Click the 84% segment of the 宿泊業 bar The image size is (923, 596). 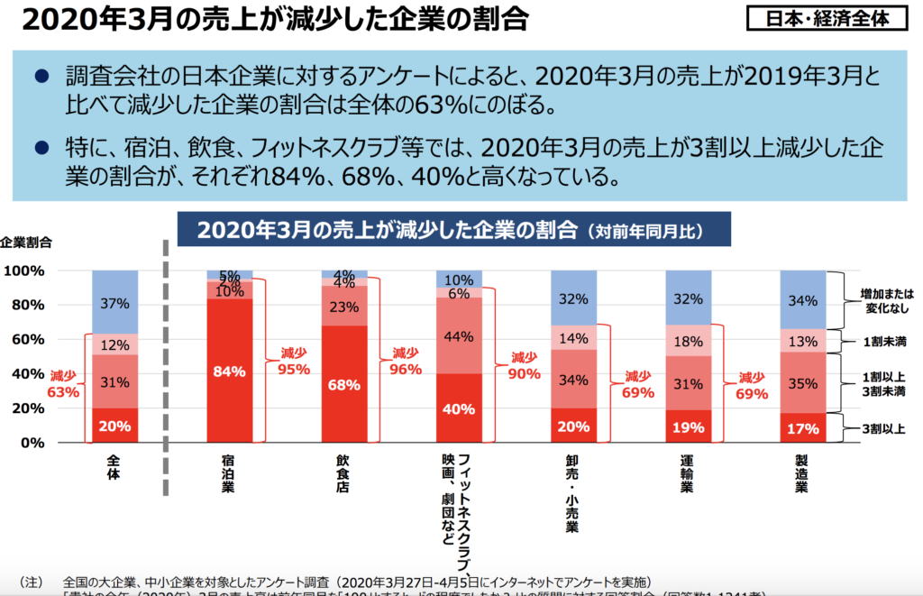click(230, 370)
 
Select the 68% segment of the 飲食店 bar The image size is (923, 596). click(344, 384)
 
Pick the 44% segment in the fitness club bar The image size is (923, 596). click(459, 335)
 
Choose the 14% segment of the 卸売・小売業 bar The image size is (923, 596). click(574, 339)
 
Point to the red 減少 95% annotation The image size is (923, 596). click(293, 362)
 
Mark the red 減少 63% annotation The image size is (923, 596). click(64, 384)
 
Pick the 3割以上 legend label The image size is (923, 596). click(882, 427)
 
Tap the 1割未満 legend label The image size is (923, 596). click(882, 342)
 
